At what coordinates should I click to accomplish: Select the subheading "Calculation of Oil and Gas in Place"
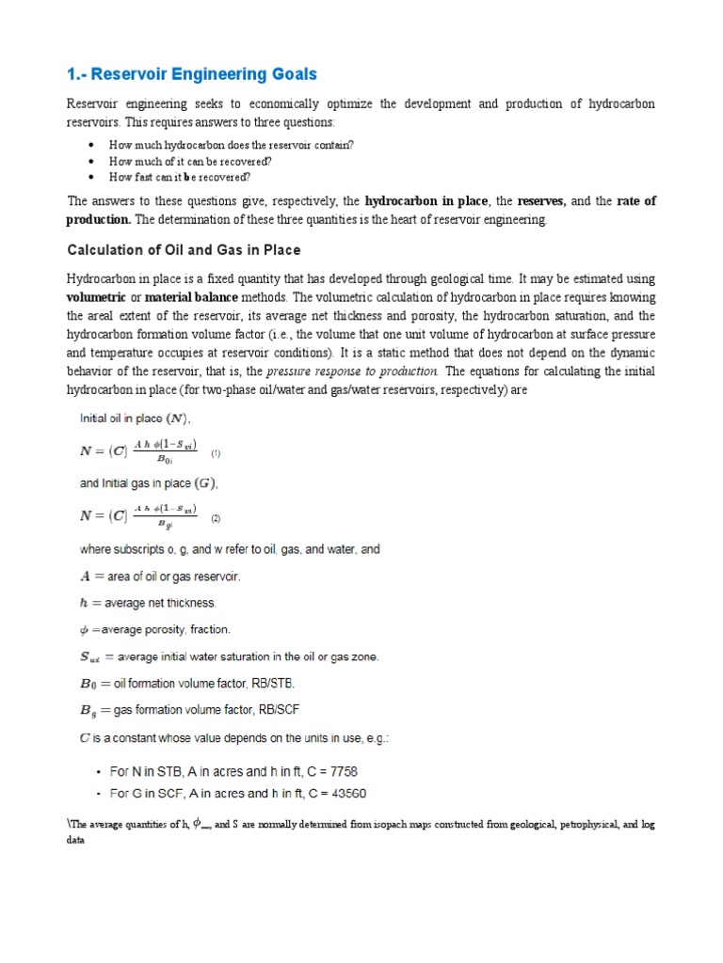[x=183, y=250]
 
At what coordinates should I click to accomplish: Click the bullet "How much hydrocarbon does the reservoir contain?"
[x=232, y=146]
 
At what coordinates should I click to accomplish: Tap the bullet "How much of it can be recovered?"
[x=190, y=161]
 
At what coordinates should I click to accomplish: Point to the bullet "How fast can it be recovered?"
[x=180, y=176]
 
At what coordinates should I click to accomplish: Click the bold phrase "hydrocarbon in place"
[x=426, y=201]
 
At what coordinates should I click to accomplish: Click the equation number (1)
[x=216, y=453]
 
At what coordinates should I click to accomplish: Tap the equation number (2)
[x=216, y=518]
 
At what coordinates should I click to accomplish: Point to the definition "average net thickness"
[x=157, y=602]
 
